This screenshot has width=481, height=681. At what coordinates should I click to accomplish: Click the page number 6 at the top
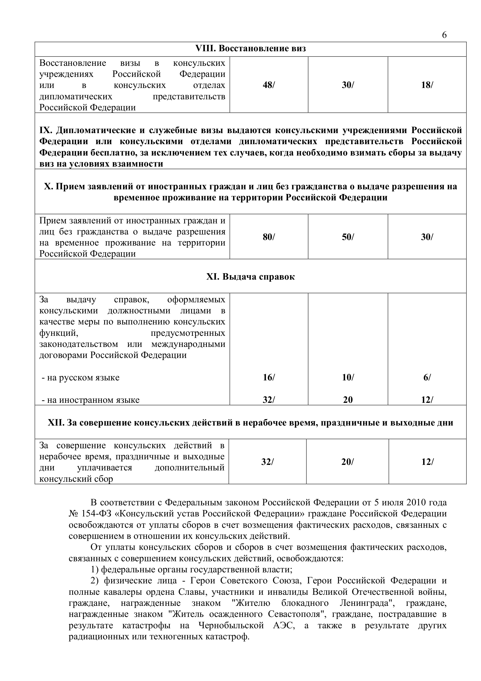tap(444, 35)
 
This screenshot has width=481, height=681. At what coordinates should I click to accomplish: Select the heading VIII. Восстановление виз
tap(251, 49)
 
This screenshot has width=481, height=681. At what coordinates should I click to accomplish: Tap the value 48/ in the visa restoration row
tap(269, 85)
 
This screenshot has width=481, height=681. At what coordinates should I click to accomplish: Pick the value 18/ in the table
tap(427, 85)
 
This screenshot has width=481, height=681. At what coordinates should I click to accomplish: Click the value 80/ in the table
tap(269, 237)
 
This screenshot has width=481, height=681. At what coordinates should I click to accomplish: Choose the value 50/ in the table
tap(348, 237)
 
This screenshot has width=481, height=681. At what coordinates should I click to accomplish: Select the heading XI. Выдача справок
tap(251, 277)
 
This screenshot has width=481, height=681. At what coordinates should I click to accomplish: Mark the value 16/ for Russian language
tap(269, 377)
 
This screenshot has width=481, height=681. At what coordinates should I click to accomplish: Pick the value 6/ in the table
tap(427, 377)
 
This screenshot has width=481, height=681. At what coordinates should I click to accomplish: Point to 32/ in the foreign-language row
tap(269, 400)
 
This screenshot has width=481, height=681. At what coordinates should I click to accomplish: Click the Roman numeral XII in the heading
tap(56, 422)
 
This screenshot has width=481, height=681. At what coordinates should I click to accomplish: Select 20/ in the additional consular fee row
tap(347, 462)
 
